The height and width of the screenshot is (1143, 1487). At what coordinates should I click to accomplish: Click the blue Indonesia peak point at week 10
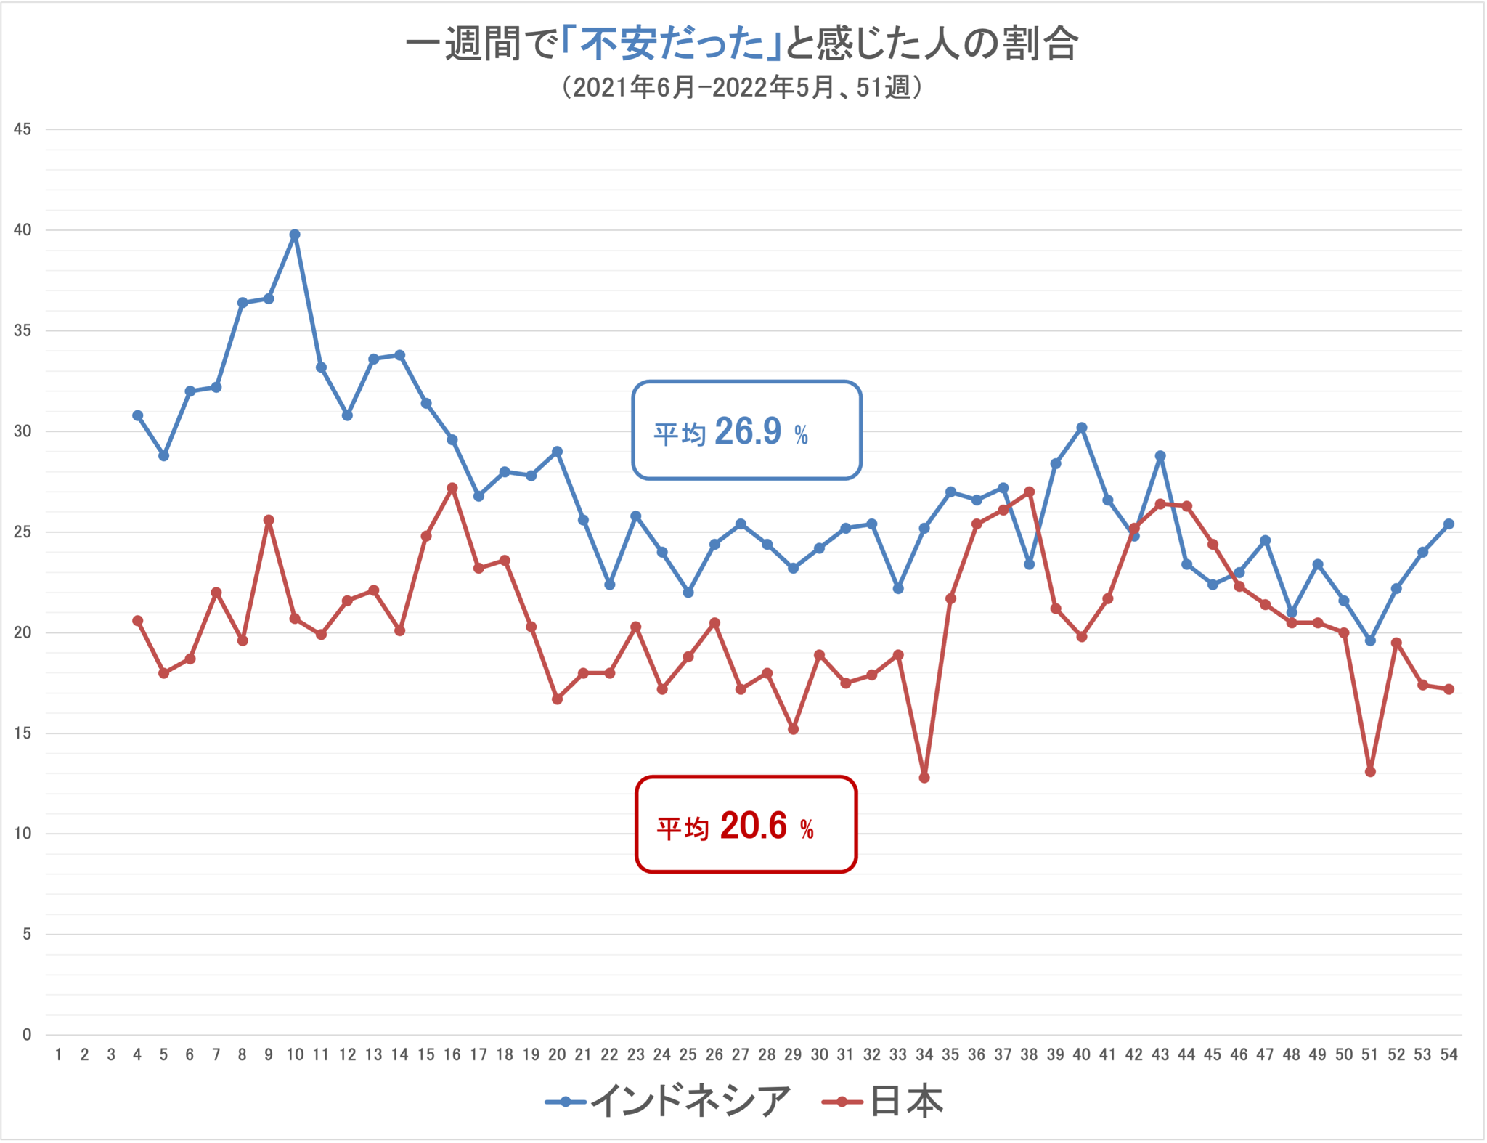pos(295,235)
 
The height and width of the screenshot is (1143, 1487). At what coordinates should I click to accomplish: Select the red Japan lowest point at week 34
pos(924,778)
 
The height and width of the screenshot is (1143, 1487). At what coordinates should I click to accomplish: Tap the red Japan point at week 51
pos(1370,771)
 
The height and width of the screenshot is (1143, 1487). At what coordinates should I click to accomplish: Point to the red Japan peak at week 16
pos(452,488)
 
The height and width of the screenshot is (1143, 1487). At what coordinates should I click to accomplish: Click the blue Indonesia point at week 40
pos(1082,428)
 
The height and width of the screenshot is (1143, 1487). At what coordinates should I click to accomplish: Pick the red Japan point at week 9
pos(269,520)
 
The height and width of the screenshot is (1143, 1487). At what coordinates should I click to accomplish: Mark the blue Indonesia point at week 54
pos(1449,524)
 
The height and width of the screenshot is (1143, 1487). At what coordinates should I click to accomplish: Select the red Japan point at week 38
pos(1029,492)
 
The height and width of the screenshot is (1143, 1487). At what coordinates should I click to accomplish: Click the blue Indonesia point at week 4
pos(137,415)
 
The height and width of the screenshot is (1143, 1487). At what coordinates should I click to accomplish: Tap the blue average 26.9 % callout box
pos(746,431)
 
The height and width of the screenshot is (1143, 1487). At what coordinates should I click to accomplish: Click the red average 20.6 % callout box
pos(746,825)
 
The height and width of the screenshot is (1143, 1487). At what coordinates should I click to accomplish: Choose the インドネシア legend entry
pos(668,1102)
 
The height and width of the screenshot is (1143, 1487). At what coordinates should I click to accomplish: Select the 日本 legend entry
pos(883,1102)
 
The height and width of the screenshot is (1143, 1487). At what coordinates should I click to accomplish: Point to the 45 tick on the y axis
pos(23,129)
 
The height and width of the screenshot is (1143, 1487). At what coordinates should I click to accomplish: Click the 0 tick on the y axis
pos(27,1035)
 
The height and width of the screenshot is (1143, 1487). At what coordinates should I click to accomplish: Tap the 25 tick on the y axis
pos(23,532)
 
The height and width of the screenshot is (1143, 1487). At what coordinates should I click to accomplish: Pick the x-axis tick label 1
pos(59,1055)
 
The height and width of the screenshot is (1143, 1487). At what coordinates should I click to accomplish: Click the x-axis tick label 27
pos(741,1055)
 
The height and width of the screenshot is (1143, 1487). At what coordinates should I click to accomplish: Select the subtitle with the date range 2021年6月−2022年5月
pos(742,88)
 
